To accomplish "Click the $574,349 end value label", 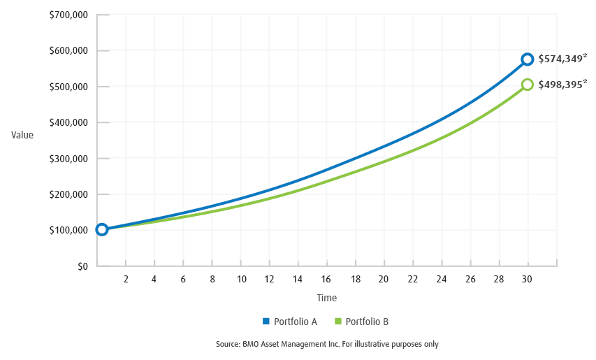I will (562, 59).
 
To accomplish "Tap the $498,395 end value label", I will (562, 85).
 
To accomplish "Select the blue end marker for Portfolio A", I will (527, 59).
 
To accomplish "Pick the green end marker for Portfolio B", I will (527, 85).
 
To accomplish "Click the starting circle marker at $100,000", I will (102, 229).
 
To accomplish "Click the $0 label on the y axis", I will (82, 266).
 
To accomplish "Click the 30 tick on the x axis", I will (527, 279).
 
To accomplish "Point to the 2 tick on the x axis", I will (126, 279).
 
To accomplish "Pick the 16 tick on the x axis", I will (326, 279).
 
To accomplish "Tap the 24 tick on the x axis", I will (441, 279).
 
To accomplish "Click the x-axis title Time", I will (326, 298).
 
